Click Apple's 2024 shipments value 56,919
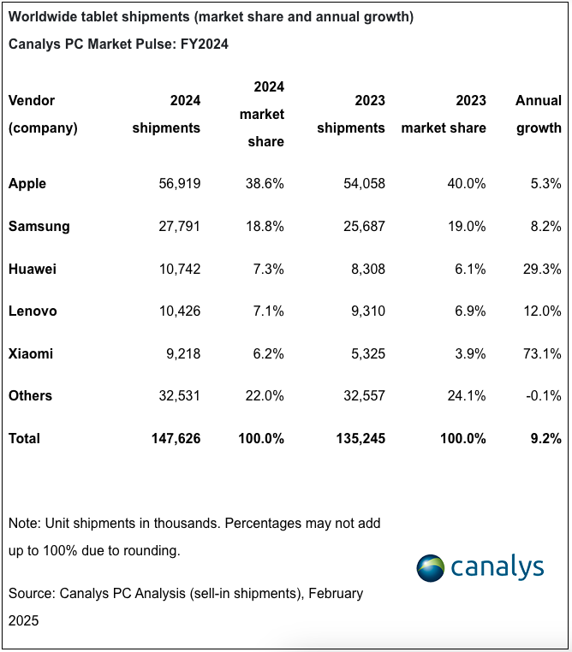pyautogui.click(x=180, y=184)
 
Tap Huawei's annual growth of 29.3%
pyautogui.click(x=542, y=269)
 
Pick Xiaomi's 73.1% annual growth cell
pyautogui.click(x=542, y=353)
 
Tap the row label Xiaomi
pyautogui.click(x=30, y=353)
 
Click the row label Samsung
pyautogui.click(x=39, y=227)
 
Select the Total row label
pyautogui.click(x=24, y=438)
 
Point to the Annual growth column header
pyautogui.click(x=539, y=115)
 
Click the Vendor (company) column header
pyautogui.click(x=43, y=115)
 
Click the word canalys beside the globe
pyautogui.click(x=498, y=567)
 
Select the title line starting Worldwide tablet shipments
pyautogui.click(x=212, y=17)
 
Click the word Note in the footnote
pyautogui.click(x=23, y=523)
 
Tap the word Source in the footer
pyautogui.click(x=31, y=593)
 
